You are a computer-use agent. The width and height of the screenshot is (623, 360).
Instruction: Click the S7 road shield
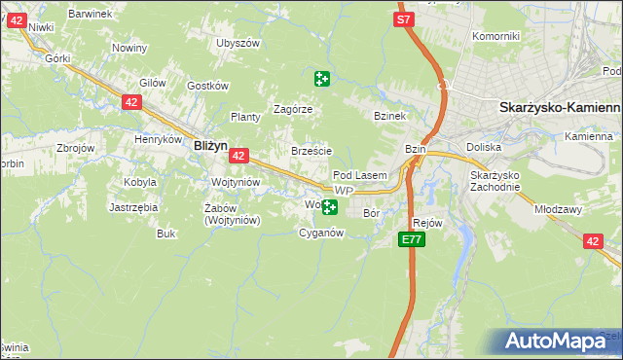coord(404,18)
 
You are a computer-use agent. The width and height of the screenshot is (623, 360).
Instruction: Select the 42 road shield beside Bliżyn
coord(240,155)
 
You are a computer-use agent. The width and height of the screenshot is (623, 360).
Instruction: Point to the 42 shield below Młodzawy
coord(593,241)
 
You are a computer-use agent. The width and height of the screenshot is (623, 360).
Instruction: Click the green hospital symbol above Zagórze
coord(321,79)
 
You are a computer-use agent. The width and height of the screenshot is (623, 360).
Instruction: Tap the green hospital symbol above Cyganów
coord(330,206)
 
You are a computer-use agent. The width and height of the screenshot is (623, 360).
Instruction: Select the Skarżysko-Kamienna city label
coord(560,108)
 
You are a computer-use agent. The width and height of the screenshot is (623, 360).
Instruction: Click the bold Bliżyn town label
coord(210,145)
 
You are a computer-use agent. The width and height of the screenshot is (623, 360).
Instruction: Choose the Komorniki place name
coord(495,36)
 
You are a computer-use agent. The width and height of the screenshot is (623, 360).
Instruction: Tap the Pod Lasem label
coord(367,175)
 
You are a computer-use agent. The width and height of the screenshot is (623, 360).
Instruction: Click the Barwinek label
coord(92,14)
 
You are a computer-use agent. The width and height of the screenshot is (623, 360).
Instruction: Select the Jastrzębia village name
coord(134,207)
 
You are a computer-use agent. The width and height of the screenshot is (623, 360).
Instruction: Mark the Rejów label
coord(428,223)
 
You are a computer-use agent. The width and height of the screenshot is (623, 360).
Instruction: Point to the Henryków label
coord(159,139)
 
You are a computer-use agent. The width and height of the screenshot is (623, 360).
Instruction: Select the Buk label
coord(166,234)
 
